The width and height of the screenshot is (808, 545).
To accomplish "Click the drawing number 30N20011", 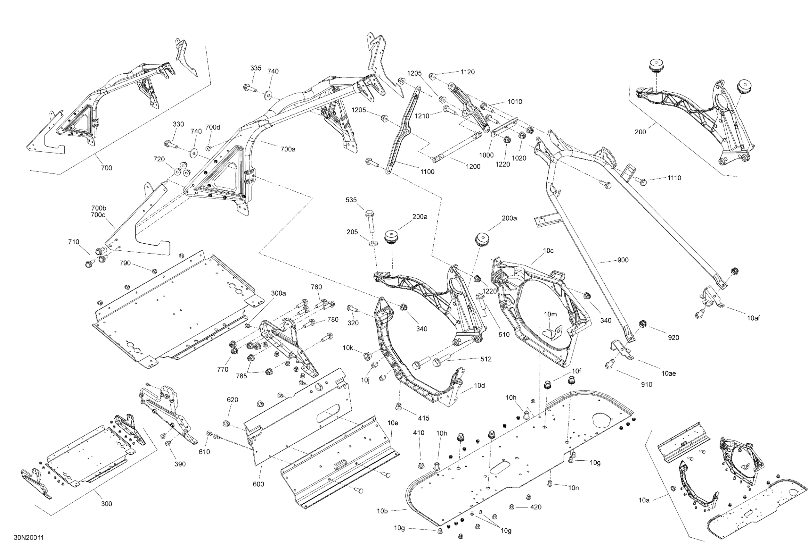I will (x=29, y=538).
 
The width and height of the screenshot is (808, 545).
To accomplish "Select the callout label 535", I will (x=351, y=200).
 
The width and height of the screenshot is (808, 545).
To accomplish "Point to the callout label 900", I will (x=623, y=260).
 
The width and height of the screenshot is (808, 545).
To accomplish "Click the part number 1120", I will (x=467, y=72).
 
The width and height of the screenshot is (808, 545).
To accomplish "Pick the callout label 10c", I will (x=548, y=251).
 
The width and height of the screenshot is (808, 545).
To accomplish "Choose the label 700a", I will (x=288, y=149).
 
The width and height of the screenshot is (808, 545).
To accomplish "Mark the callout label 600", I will (x=258, y=484).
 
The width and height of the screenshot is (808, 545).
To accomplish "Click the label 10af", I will (x=754, y=318).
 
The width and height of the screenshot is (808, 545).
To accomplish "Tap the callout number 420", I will (x=536, y=507).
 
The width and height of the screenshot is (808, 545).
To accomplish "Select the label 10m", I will (x=550, y=314).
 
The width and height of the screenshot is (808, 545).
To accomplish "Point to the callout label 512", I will (x=486, y=359).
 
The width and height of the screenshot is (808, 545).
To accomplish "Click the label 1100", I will (x=427, y=172).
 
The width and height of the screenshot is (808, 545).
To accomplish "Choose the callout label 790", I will (x=125, y=263).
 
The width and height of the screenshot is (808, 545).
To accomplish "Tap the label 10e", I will (x=393, y=423).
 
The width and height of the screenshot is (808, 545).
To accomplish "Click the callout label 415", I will (x=424, y=418).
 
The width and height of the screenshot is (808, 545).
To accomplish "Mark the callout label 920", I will (x=673, y=338).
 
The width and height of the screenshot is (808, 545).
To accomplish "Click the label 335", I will (x=256, y=68).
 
